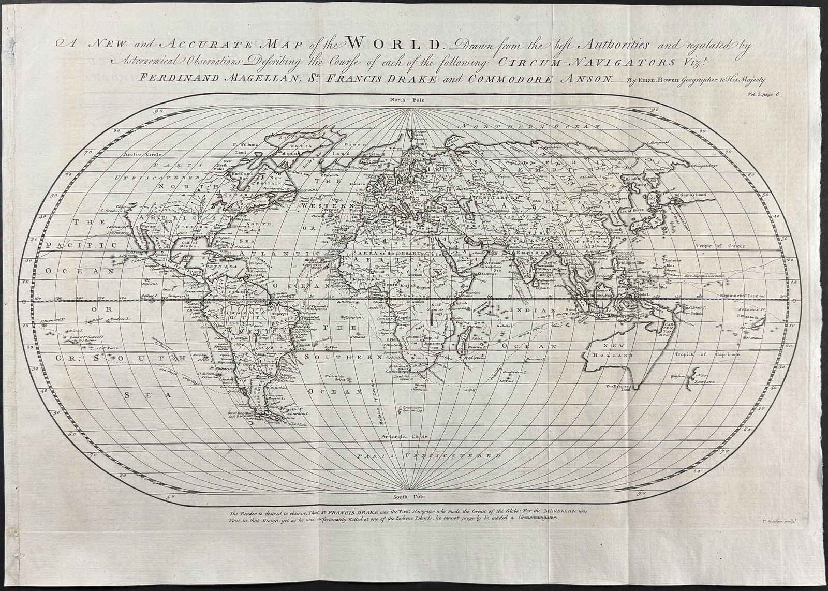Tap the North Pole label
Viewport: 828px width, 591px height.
(408, 98)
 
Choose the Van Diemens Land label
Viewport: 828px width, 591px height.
(619, 389)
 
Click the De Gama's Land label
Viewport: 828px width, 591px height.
(693, 195)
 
